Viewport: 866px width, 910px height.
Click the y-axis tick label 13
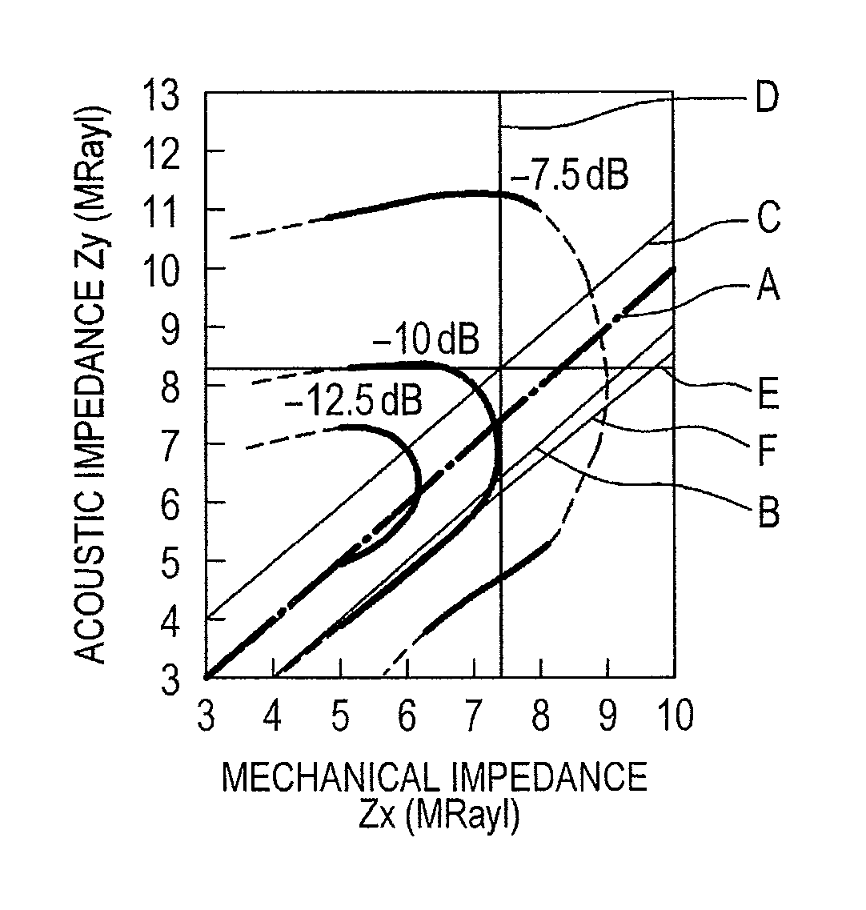click(x=162, y=96)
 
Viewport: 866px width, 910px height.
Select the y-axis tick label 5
click(x=170, y=564)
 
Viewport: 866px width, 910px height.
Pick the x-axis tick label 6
click(x=407, y=715)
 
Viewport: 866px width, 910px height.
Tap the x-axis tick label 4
click(x=272, y=715)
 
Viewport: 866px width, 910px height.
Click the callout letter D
click(x=766, y=98)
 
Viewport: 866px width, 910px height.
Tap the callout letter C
click(x=768, y=218)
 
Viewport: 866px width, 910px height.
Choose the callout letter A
click(x=768, y=285)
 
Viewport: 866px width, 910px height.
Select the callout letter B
click(x=768, y=512)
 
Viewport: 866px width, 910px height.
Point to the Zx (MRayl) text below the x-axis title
click(x=439, y=814)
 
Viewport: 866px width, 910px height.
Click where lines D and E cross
click(x=500, y=368)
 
